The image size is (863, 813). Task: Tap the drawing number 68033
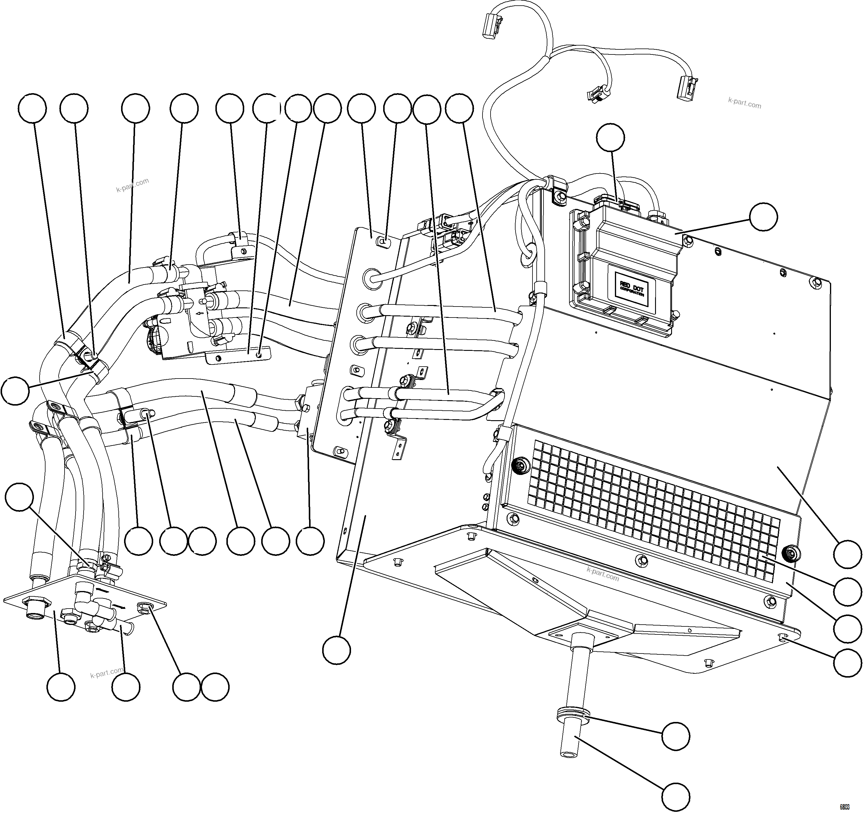844,807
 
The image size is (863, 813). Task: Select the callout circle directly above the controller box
610,138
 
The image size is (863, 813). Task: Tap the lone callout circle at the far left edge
15,390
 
